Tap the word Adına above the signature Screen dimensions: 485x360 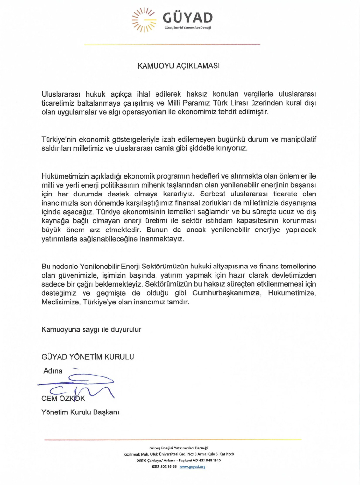point(53,371)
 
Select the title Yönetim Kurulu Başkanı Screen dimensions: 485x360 point(80,412)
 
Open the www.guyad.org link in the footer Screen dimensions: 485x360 point(192,467)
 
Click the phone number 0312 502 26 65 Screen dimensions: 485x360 point(164,467)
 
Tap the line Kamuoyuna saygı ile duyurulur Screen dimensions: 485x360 point(92,329)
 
